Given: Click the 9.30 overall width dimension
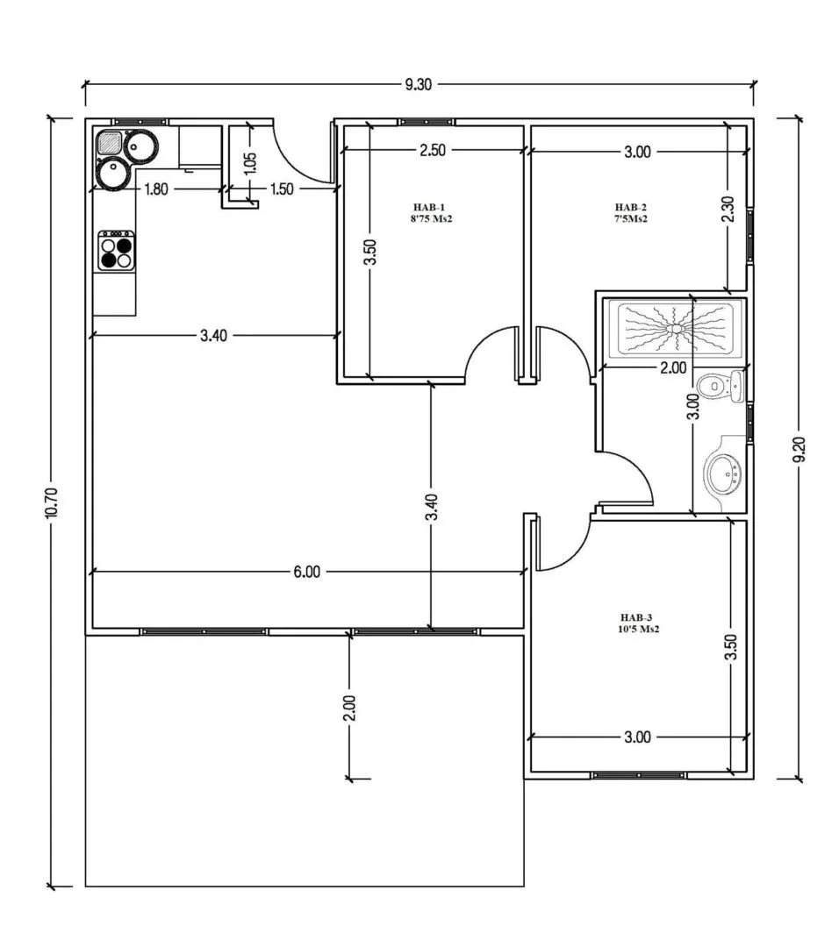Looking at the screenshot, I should [x=419, y=85].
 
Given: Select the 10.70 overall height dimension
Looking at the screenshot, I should [x=51, y=503].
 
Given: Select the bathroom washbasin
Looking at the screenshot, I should [x=725, y=473].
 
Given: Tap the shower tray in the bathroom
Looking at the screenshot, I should [x=679, y=331].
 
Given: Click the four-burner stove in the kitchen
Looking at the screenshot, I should [x=117, y=251].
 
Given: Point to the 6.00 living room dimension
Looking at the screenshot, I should [x=306, y=572].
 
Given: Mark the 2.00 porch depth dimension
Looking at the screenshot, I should [x=348, y=708].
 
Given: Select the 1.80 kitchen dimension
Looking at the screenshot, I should [x=155, y=189].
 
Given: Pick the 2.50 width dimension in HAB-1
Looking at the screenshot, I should [x=433, y=151].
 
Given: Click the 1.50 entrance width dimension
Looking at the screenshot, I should [x=281, y=189].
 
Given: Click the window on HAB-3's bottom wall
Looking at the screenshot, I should [x=639, y=775].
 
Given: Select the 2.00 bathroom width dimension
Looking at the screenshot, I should [x=672, y=368].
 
